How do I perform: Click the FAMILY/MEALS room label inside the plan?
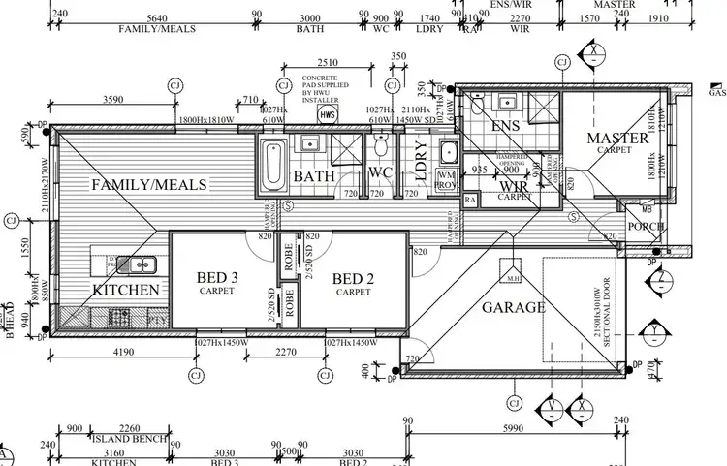(x=149, y=184)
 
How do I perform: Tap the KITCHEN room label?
(x=125, y=290)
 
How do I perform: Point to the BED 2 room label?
(x=353, y=279)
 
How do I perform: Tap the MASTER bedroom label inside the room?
(x=617, y=140)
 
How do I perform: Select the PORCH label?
(x=647, y=228)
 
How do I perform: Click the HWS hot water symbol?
(x=329, y=115)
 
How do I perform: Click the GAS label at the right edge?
(x=717, y=94)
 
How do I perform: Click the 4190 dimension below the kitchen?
(x=120, y=353)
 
